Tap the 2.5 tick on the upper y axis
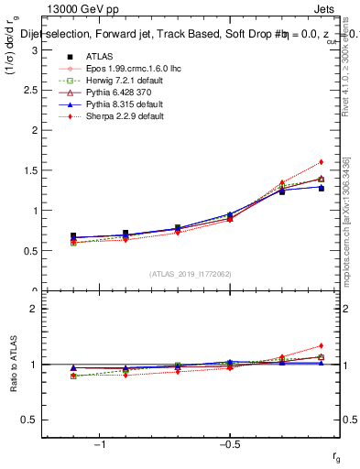pyautogui.click(x=33, y=89)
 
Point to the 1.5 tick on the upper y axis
pyautogui.click(x=33, y=169)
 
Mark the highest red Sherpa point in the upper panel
pyautogui.click(x=322, y=162)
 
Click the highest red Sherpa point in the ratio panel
pyautogui.click(x=322, y=345)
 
